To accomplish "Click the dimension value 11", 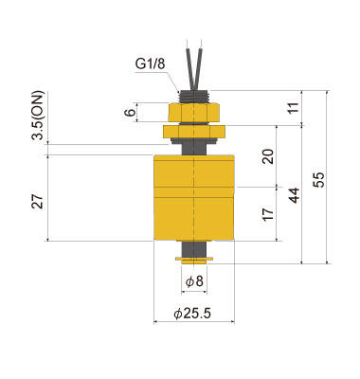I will (291, 108).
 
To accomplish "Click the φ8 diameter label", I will (194, 281).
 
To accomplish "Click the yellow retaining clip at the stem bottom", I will (194, 257).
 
